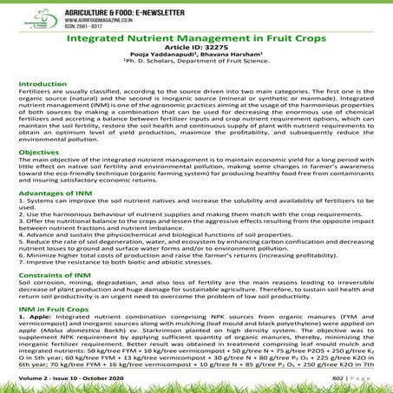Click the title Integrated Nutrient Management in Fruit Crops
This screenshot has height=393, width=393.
(196, 41)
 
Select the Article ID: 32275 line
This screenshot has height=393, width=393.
(196, 52)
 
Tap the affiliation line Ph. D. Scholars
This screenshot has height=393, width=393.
(196, 71)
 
